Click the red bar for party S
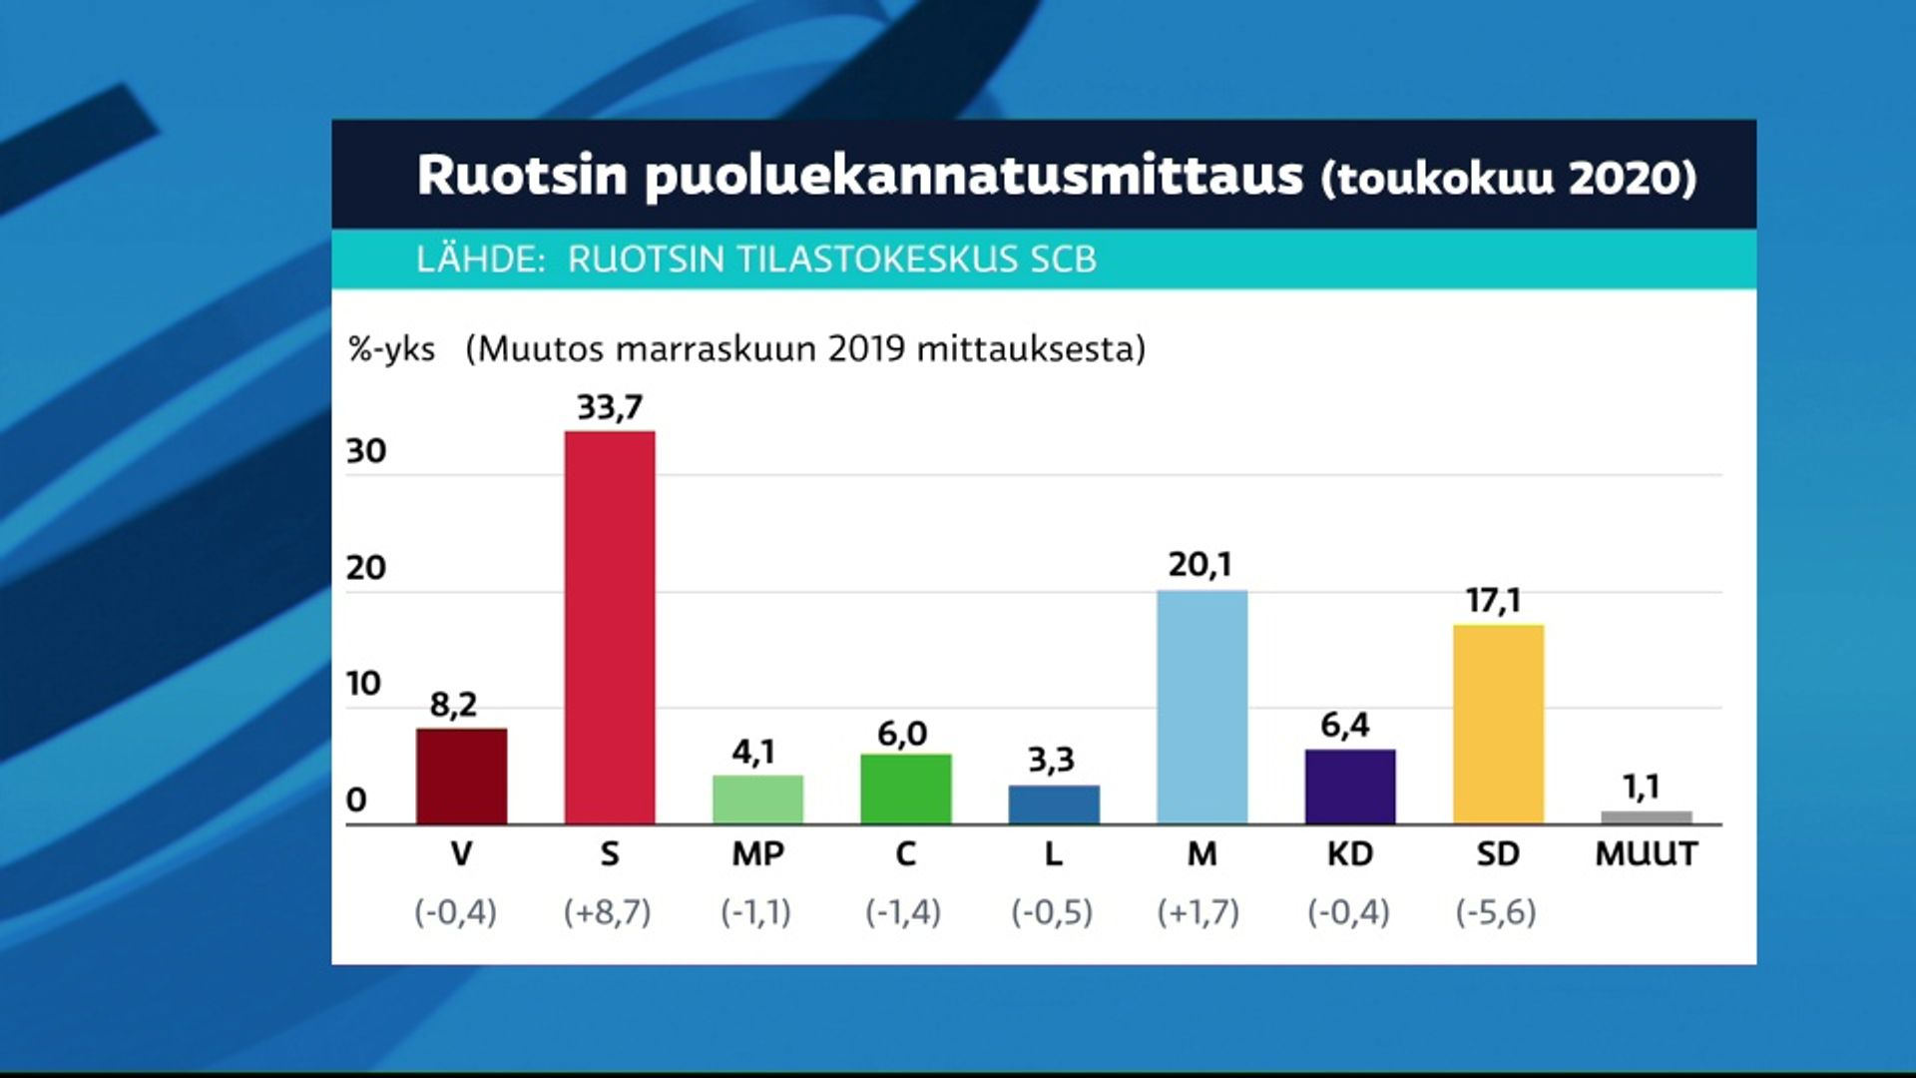(x=610, y=628)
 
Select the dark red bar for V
(x=461, y=777)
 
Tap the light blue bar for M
(x=1202, y=708)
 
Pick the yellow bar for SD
(x=1498, y=725)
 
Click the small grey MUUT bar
(x=1647, y=817)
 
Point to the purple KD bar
(x=1350, y=787)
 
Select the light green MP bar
(x=757, y=800)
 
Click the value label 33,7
(x=610, y=407)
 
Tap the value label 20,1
(x=1200, y=565)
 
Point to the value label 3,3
(x=1052, y=761)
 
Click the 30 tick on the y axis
(x=366, y=451)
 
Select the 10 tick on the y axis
(x=364, y=684)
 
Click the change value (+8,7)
(x=607, y=912)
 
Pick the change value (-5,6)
(x=1496, y=912)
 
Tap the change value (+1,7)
(x=1198, y=912)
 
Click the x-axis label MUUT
(x=1647, y=854)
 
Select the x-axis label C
(x=905, y=854)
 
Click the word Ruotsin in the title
(x=523, y=175)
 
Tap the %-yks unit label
(x=392, y=349)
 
